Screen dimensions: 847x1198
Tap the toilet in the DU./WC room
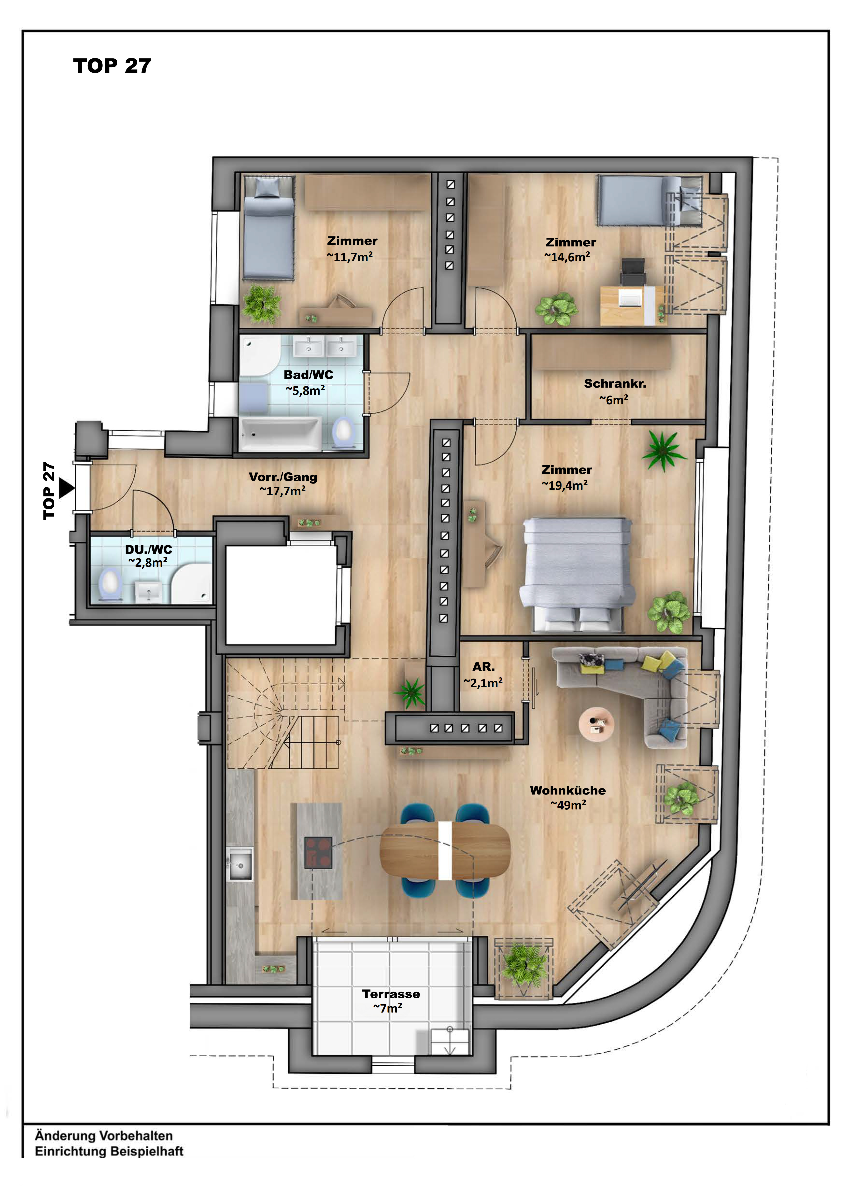pyautogui.click(x=109, y=584)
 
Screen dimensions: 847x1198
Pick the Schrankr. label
pyautogui.click(x=615, y=383)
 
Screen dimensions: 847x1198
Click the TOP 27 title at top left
pyautogui.click(x=112, y=66)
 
